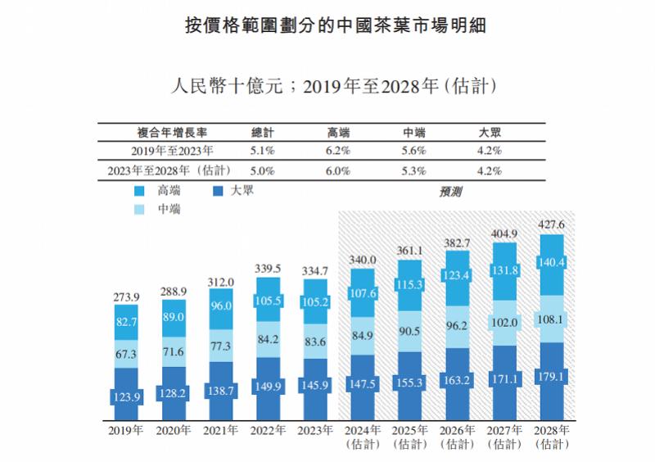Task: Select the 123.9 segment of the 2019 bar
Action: pyautogui.click(x=126, y=396)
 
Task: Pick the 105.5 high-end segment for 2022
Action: pyautogui.click(x=269, y=301)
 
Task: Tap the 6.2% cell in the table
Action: pyautogui.click(x=338, y=151)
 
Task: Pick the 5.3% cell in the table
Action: pyautogui.click(x=414, y=171)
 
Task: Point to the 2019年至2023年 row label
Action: pyautogui.click(x=172, y=151)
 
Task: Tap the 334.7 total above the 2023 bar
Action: pyautogui.click(x=315, y=271)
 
